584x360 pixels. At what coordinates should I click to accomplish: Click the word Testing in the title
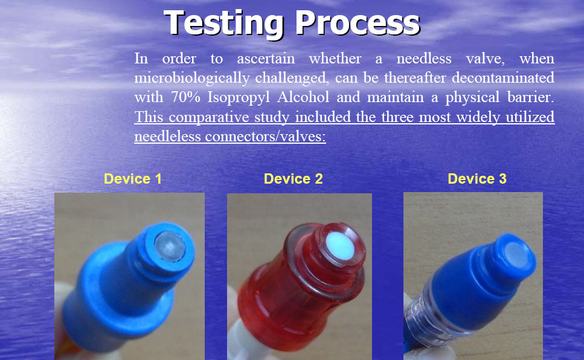click(223, 24)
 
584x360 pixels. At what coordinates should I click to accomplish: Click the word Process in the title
click(358, 24)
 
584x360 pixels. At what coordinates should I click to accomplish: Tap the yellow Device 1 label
click(133, 179)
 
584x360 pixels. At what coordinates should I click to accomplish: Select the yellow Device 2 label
click(293, 179)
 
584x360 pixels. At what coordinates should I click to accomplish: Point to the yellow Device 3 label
click(477, 179)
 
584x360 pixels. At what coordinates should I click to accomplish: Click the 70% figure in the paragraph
click(185, 97)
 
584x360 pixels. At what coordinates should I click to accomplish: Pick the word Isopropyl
click(239, 98)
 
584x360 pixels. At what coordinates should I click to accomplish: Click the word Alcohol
click(303, 97)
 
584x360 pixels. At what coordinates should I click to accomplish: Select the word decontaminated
click(503, 77)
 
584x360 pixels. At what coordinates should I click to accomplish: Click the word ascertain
click(266, 59)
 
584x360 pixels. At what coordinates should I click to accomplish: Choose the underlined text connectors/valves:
click(265, 137)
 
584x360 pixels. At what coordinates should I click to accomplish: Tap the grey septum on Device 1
click(170, 246)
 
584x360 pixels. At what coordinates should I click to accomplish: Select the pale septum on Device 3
click(518, 255)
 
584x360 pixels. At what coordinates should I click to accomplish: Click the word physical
click(472, 98)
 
